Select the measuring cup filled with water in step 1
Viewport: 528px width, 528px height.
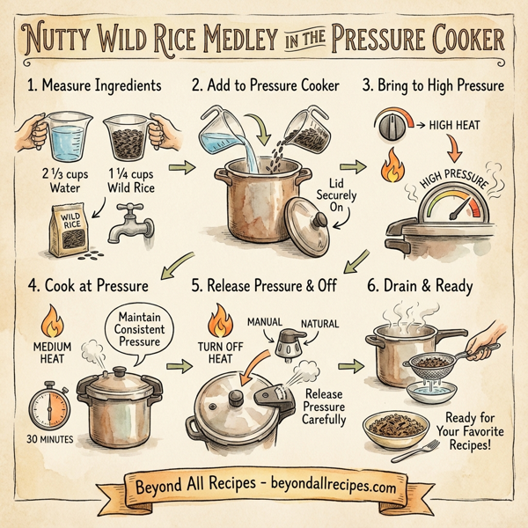pyautogui.click(x=62, y=140)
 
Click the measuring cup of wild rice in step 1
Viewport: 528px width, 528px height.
pyautogui.click(x=129, y=140)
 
